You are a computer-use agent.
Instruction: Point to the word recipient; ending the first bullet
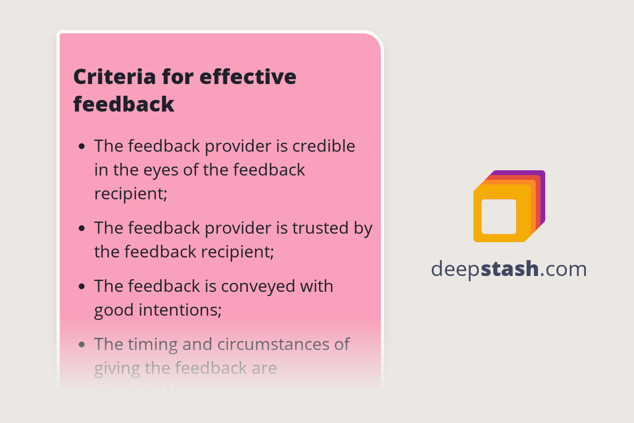(x=130, y=194)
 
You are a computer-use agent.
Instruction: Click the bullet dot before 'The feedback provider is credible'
(x=81, y=146)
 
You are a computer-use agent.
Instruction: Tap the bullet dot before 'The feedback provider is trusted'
(x=81, y=228)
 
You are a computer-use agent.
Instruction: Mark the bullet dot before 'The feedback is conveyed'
(x=81, y=287)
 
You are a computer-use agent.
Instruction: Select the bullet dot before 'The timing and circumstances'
(x=81, y=345)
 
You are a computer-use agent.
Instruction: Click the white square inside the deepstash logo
(x=499, y=216)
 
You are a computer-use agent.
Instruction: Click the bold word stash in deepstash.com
(x=510, y=269)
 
